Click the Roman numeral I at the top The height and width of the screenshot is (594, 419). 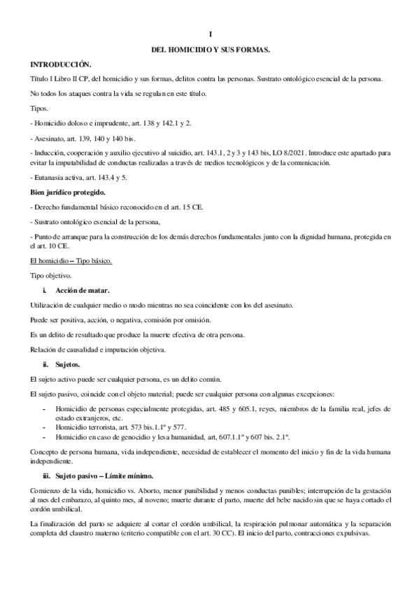(211, 34)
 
